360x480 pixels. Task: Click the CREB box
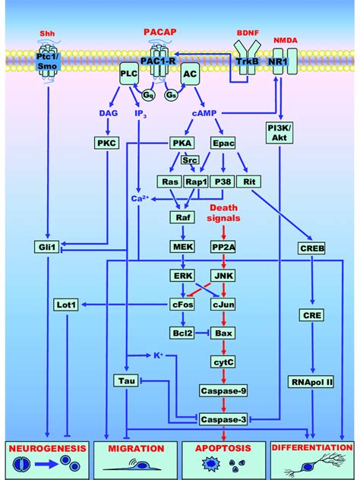(312, 248)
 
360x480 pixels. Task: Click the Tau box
(126, 380)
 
